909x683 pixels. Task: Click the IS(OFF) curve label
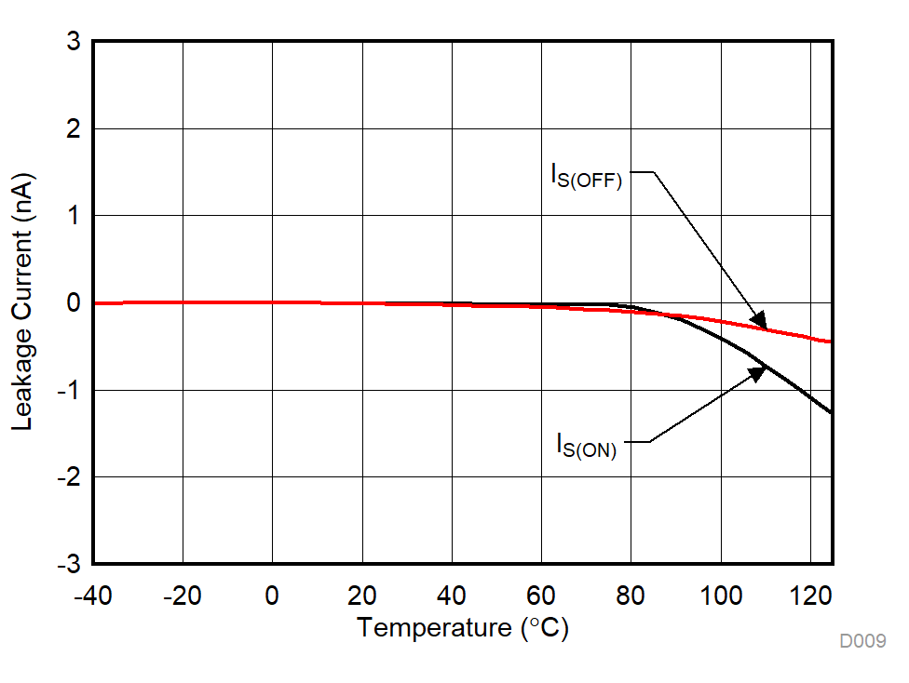586,176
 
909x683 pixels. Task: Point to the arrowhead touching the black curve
757,372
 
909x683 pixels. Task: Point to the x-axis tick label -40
93,595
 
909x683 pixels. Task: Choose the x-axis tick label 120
810,595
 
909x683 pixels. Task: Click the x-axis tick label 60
541,595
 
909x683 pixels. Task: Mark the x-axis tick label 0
272,595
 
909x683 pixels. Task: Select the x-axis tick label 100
721,595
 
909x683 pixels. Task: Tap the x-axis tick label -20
183,595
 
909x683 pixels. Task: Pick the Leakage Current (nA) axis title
22,301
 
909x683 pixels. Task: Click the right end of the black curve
831,411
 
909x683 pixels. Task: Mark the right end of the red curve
831,341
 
